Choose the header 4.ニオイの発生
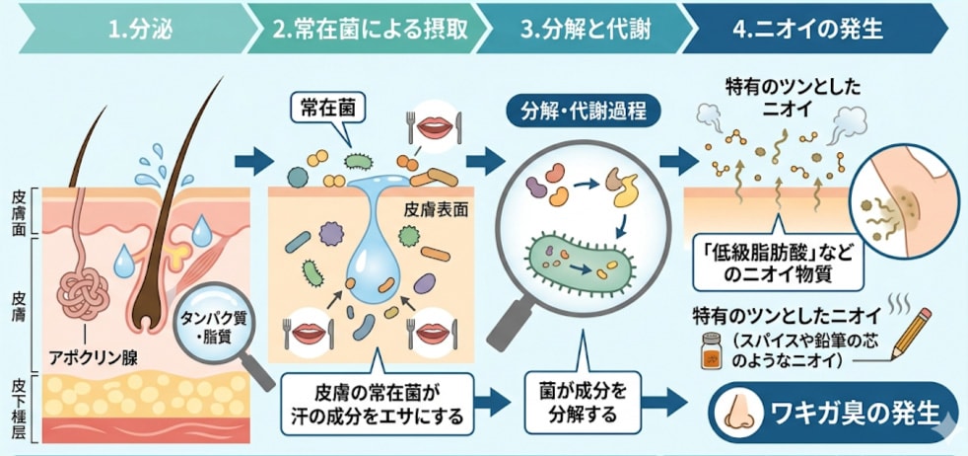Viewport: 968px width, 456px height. coord(807,27)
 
